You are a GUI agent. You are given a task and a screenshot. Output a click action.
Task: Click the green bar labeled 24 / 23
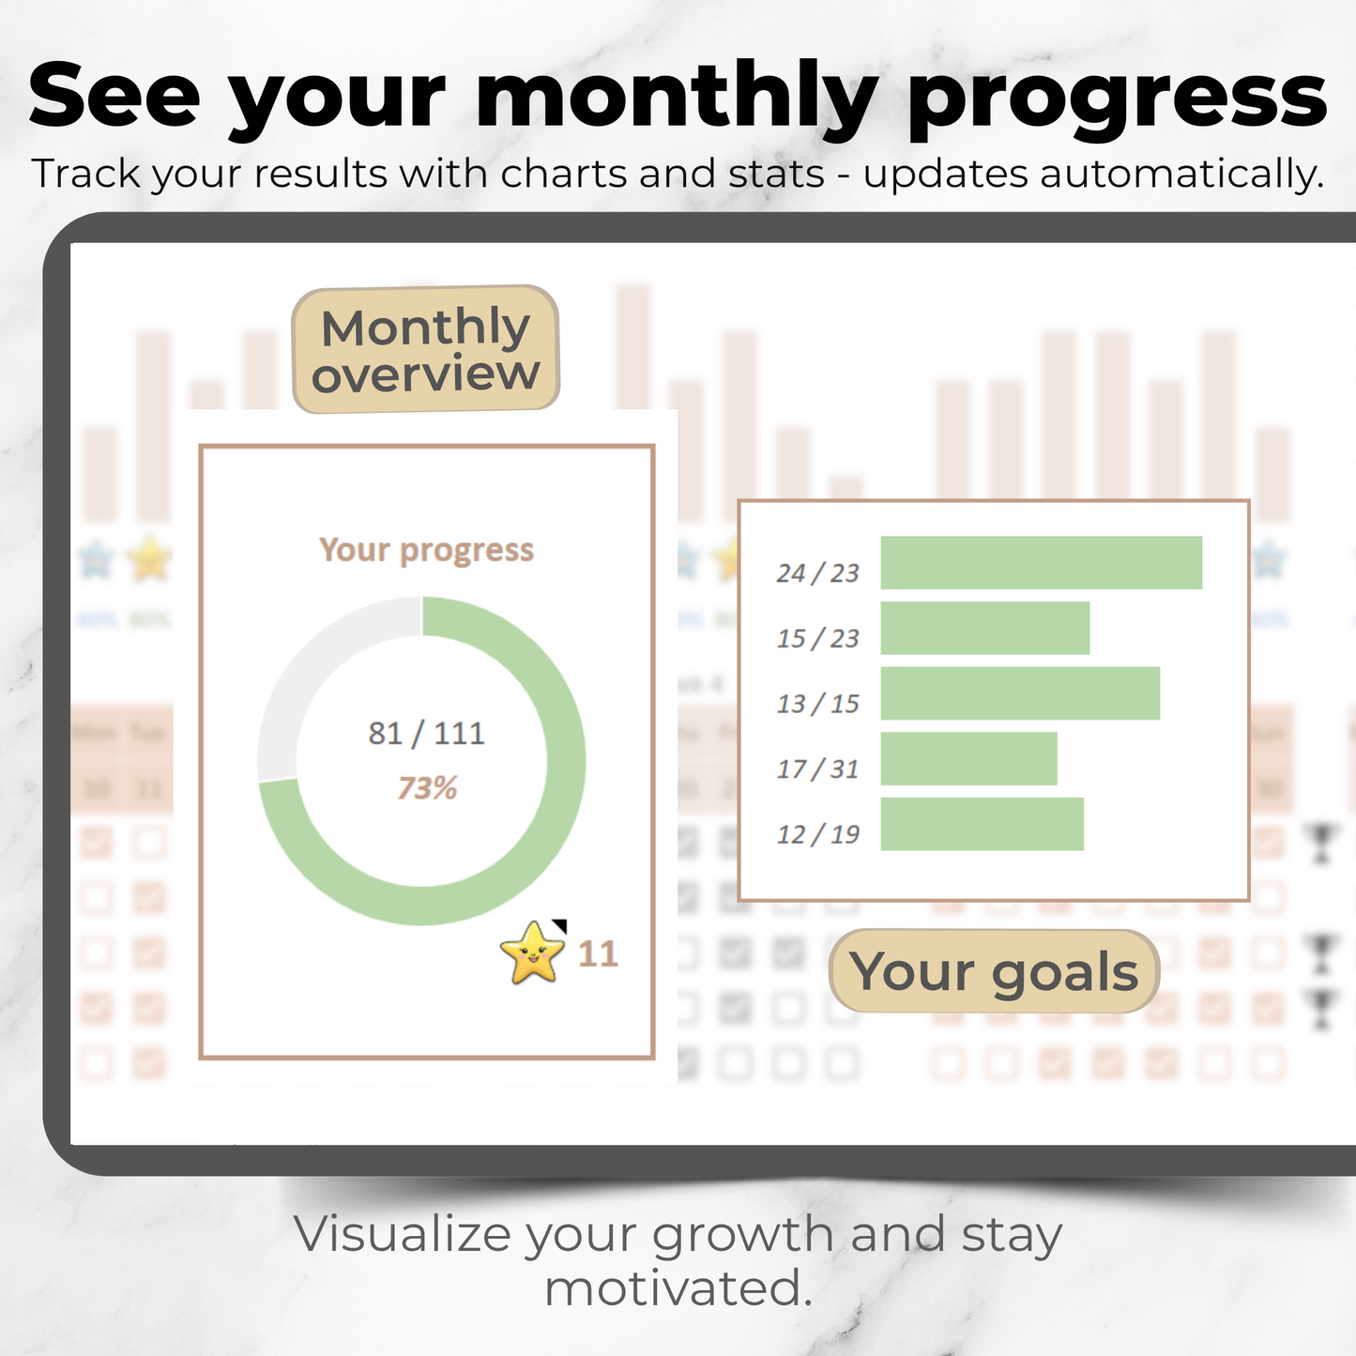(x=1041, y=563)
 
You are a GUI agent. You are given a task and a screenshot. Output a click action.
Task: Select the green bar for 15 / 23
(x=984, y=628)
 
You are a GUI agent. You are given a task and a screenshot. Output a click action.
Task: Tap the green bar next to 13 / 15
(x=1019, y=693)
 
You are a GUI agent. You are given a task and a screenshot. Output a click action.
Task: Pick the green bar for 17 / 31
(x=968, y=758)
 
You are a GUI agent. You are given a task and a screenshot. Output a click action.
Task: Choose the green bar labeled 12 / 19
(x=982, y=824)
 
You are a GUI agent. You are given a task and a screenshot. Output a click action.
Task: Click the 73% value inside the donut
(x=427, y=788)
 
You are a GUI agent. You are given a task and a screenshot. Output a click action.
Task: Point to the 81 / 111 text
(x=427, y=733)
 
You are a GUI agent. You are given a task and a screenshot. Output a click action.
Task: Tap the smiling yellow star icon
(x=533, y=952)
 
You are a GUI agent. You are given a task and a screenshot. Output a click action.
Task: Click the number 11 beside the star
(x=598, y=954)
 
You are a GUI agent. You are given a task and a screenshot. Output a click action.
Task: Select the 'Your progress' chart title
(x=427, y=550)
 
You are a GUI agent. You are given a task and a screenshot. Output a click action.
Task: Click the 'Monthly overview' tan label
(x=426, y=350)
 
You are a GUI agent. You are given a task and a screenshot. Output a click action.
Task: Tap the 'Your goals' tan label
(x=995, y=971)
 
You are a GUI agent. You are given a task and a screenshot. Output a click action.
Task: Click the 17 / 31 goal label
(x=817, y=769)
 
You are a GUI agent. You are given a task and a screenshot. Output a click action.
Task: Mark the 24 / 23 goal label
(x=817, y=573)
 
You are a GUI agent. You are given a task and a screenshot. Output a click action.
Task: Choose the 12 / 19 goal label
(x=817, y=834)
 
